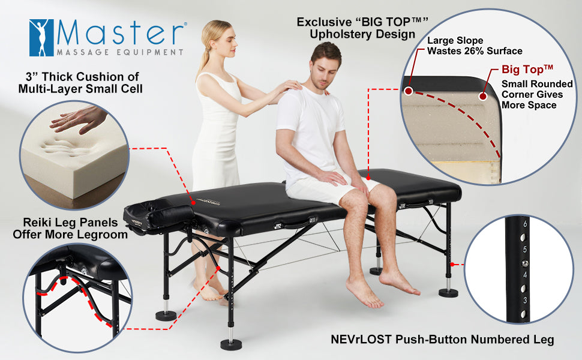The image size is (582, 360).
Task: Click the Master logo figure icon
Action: tap(41, 38)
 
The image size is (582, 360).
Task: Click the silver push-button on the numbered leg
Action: tap(525, 263)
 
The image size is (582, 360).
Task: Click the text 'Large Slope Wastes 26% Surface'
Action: tap(474, 46)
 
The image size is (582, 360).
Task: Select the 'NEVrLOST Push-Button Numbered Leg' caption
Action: tap(442, 340)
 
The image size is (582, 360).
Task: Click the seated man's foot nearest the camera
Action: tap(364, 294)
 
